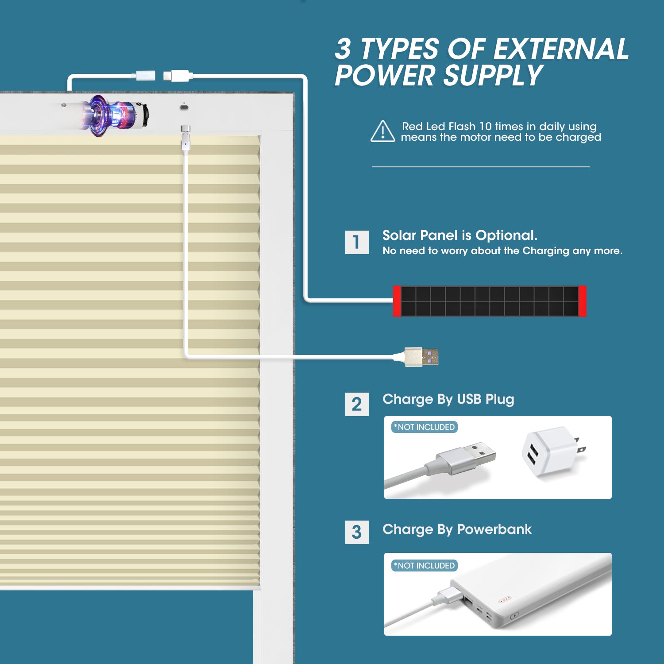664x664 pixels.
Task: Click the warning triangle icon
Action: tap(383, 131)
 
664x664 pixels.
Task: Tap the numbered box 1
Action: tap(357, 242)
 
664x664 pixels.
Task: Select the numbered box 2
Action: tap(357, 404)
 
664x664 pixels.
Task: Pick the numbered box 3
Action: tap(357, 532)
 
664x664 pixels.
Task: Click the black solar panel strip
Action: tap(490, 301)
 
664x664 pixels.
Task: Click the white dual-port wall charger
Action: tap(551, 452)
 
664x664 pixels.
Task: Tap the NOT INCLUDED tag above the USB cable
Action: tap(425, 427)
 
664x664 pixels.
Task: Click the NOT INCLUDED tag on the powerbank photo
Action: tap(425, 566)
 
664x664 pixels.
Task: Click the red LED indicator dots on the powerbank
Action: tap(505, 600)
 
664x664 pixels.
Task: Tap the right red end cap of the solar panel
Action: tap(583, 301)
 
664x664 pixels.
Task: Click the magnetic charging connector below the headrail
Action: tap(185, 137)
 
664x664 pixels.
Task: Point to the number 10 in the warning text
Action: tap(486, 127)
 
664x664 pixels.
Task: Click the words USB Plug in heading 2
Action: tap(485, 399)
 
